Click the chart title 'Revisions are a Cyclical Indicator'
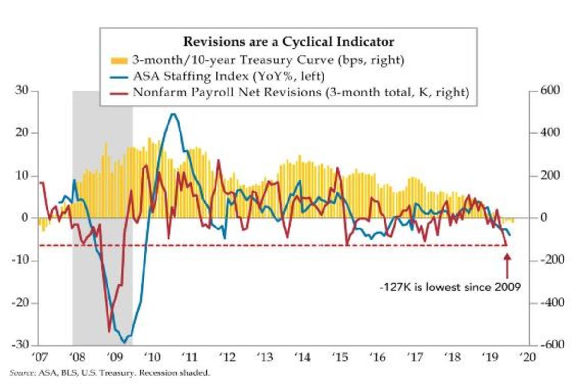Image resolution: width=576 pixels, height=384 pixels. coord(289,42)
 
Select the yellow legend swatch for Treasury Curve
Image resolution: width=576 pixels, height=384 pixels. coord(119,61)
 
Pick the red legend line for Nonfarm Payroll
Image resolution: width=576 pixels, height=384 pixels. coord(119,93)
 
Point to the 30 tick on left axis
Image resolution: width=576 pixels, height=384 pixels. coord(20,91)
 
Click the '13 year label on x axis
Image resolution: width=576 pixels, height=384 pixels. coord(264,358)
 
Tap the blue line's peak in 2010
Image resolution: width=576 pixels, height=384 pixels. coord(173,114)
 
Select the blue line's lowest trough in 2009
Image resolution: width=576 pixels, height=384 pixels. coord(124,342)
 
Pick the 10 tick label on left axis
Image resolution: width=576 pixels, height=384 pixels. coord(20,176)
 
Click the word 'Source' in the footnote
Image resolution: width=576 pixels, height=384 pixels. coord(20,372)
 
